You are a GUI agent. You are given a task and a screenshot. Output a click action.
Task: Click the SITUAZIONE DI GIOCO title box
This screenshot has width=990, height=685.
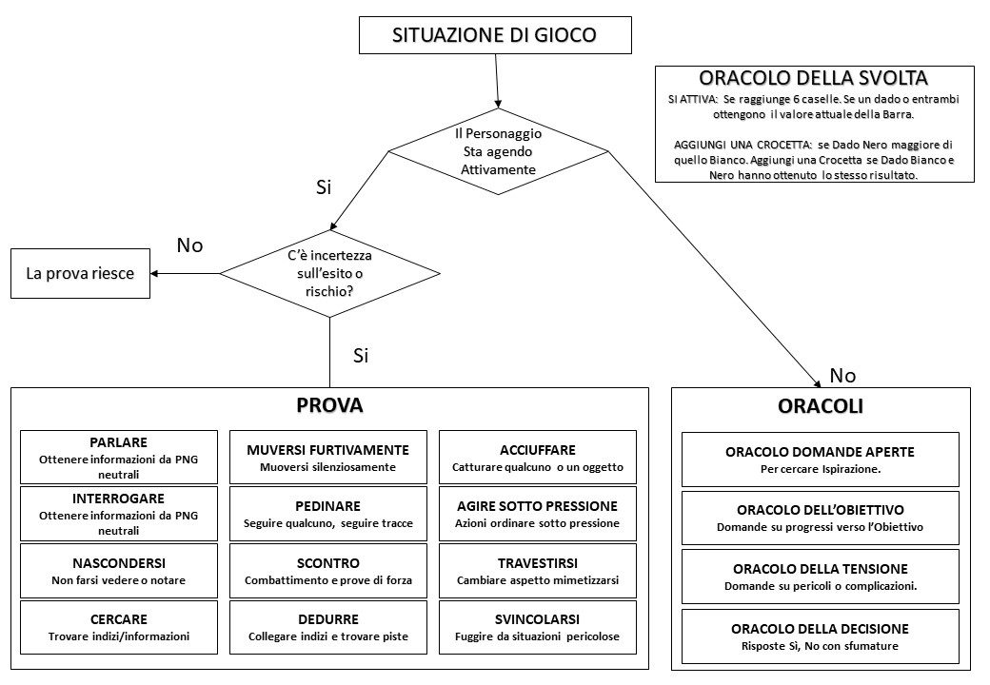click(495, 35)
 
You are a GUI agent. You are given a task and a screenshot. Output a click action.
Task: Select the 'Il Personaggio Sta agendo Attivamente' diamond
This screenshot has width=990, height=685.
click(498, 151)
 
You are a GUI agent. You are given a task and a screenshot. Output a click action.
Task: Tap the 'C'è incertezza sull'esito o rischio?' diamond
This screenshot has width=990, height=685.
click(329, 274)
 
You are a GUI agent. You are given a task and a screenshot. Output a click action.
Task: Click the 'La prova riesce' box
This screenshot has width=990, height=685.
click(80, 274)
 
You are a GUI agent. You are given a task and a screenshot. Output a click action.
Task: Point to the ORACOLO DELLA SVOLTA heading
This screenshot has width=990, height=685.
click(813, 78)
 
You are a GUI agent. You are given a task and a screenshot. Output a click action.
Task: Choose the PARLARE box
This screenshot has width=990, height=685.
click(119, 458)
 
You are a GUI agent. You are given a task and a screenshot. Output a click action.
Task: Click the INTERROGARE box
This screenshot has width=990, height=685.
click(119, 514)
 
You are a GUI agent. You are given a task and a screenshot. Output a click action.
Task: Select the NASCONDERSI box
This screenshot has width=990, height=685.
click(119, 571)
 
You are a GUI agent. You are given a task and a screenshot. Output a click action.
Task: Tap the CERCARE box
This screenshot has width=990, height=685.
click(119, 627)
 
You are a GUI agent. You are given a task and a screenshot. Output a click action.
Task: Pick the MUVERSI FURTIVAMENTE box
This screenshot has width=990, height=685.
click(328, 458)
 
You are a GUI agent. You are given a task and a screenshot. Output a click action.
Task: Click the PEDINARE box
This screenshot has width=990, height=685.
click(328, 514)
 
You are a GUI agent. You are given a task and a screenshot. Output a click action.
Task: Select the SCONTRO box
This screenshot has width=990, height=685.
click(328, 571)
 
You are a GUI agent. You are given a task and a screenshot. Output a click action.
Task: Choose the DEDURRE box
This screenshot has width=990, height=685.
click(328, 627)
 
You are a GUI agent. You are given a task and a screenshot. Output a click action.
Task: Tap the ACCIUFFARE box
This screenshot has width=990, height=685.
click(538, 458)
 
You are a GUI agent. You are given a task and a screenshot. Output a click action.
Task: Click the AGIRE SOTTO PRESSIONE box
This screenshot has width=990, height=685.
click(538, 514)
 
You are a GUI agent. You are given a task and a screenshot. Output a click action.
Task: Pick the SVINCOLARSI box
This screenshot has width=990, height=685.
click(538, 627)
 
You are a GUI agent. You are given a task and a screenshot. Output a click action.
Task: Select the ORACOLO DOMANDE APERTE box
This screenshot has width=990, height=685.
click(821, 460)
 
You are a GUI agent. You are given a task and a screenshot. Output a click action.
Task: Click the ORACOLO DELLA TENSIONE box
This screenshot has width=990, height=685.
click(821, 577)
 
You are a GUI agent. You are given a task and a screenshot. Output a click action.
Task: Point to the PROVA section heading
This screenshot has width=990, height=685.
click(329, 405)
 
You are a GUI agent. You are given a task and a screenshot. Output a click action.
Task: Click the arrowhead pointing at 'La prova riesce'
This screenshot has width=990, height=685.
click(154, 274)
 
